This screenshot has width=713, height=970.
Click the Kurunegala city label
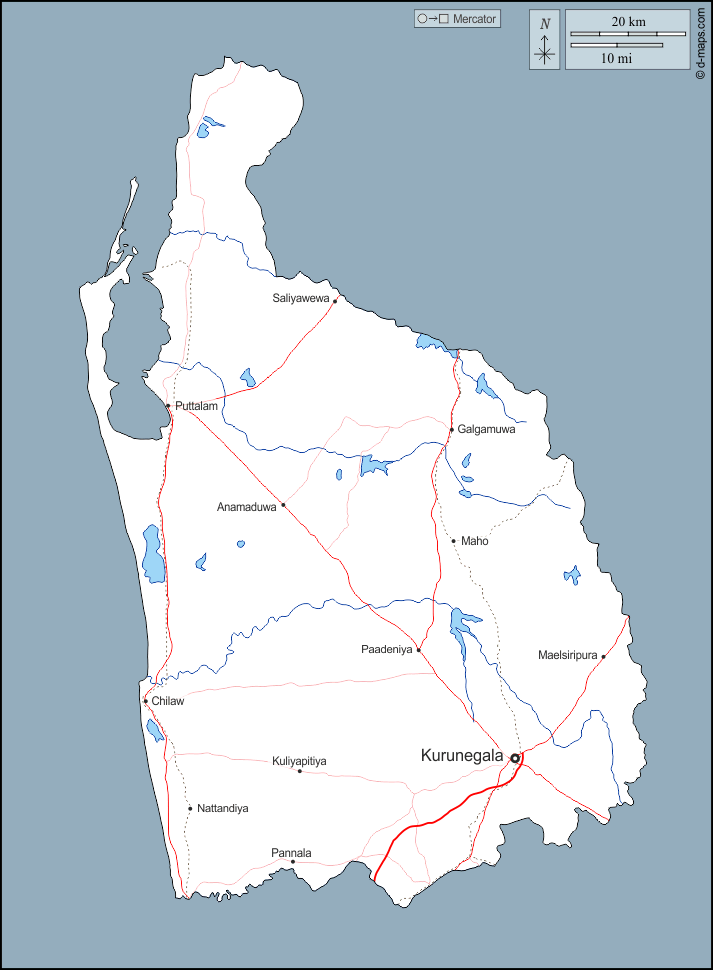click(461, 756)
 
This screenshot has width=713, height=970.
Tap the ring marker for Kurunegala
click(515, 759)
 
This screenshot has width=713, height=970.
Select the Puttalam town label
click(196, 406)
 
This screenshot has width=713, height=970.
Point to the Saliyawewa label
click(301, 298)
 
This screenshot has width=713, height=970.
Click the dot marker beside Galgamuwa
click(451, 430)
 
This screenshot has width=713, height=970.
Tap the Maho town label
click(475, 541)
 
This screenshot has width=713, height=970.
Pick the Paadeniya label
click(386, 650)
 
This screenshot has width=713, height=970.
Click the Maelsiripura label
click(567, 656)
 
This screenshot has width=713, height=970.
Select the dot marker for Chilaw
click(146, 701)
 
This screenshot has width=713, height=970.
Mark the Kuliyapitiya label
click(299, 761)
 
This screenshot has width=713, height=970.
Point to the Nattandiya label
click(223, 808)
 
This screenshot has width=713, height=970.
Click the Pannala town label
click(291, 853)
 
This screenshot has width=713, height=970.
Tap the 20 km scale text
click(628, 21)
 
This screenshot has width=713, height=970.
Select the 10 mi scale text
click(616, 59)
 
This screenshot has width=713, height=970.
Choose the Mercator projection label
click(457, 19)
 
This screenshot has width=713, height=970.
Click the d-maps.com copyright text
click(701, 41)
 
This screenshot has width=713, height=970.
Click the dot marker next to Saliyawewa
click(335, 299)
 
